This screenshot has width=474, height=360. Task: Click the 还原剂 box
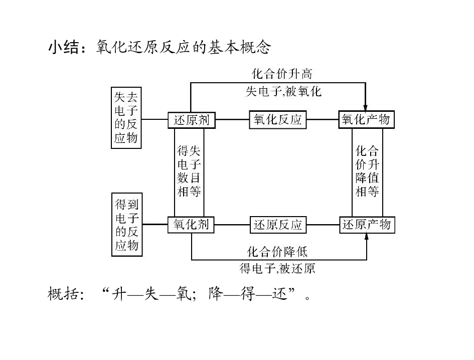click(x=191, y=120)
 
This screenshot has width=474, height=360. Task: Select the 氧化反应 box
click(x=278, y=120)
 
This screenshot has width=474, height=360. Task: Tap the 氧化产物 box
click(x=366, y=120)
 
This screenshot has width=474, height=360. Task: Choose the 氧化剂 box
click(x=191, y=224)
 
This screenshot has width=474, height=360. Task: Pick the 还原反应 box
click(x=278, y=225)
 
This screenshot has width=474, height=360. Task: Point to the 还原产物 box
click(x=367, y=225)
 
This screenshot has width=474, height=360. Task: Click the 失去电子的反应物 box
click(x=126, y=117)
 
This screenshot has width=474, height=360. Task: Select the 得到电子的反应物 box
click(x=126, y=225)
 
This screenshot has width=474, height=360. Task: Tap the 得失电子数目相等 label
click(x=189, y=171)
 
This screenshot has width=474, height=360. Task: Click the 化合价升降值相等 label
click(x=367, y=171)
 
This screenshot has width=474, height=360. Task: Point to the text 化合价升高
click(x=281, y=74)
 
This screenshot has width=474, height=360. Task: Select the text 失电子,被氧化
click(x=283, y=92)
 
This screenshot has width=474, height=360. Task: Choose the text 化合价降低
click(x=277, y=251)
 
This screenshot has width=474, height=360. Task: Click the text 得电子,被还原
click(x=277, y=269)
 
